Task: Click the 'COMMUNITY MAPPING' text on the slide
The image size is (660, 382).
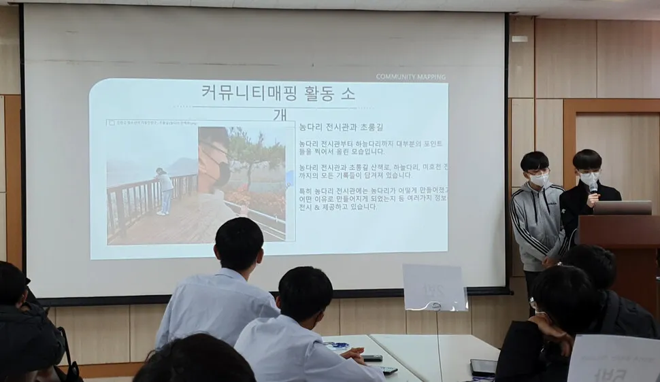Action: click(x=410, y=77)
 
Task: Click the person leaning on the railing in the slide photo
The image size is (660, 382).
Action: click(x=164, y=190)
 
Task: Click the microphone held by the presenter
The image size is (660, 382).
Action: click(x=593, y=188)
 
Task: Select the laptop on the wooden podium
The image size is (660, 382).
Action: click(x=621, y=207)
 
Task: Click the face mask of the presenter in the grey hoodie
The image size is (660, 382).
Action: click(x=538, y=179)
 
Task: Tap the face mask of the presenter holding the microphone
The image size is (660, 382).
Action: click(x=588, y=179)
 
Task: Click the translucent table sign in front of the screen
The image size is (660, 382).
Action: click(x=434, y=287)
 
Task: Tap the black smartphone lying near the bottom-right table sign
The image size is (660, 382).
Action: click(x=483, y=367)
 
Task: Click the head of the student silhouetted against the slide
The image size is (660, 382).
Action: click(x=239, y=243)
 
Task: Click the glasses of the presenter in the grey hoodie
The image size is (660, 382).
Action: click(x=536, y=169)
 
